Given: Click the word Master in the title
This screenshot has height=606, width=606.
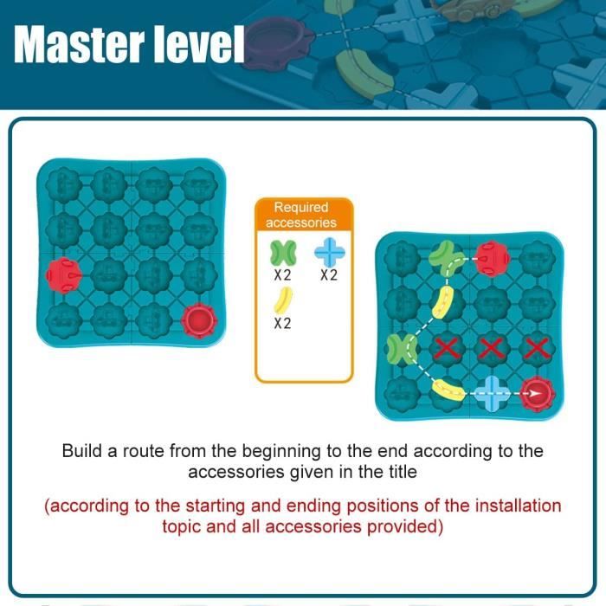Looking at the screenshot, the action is pos(79,44).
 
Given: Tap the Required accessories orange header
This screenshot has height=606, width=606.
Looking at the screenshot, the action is pos(304,215).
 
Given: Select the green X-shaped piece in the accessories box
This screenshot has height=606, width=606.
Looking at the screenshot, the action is pos(283,253).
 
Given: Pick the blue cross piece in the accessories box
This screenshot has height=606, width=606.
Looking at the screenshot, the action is pos(329,252).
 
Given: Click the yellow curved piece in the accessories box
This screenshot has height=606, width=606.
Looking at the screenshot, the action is pos(283,300).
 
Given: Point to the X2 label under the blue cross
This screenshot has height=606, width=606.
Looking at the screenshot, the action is pos(329,275).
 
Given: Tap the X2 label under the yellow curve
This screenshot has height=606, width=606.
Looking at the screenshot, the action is pos(282,323).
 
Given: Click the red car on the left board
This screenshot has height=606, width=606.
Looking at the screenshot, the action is pos(64,275).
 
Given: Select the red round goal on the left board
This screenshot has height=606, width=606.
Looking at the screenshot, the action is pos(199,321).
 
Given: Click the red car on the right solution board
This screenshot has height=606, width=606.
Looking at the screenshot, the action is pos(491,259).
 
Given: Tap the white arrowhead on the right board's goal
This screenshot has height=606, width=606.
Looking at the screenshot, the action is pos(535,394).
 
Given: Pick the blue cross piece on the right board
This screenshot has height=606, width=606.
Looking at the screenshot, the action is pos(491,393).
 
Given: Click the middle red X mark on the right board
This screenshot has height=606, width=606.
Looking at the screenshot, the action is pos(491,348).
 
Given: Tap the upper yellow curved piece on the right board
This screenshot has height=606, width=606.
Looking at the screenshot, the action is pos(443,303).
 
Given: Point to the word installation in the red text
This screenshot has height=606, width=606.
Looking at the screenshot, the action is pos(518,506).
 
